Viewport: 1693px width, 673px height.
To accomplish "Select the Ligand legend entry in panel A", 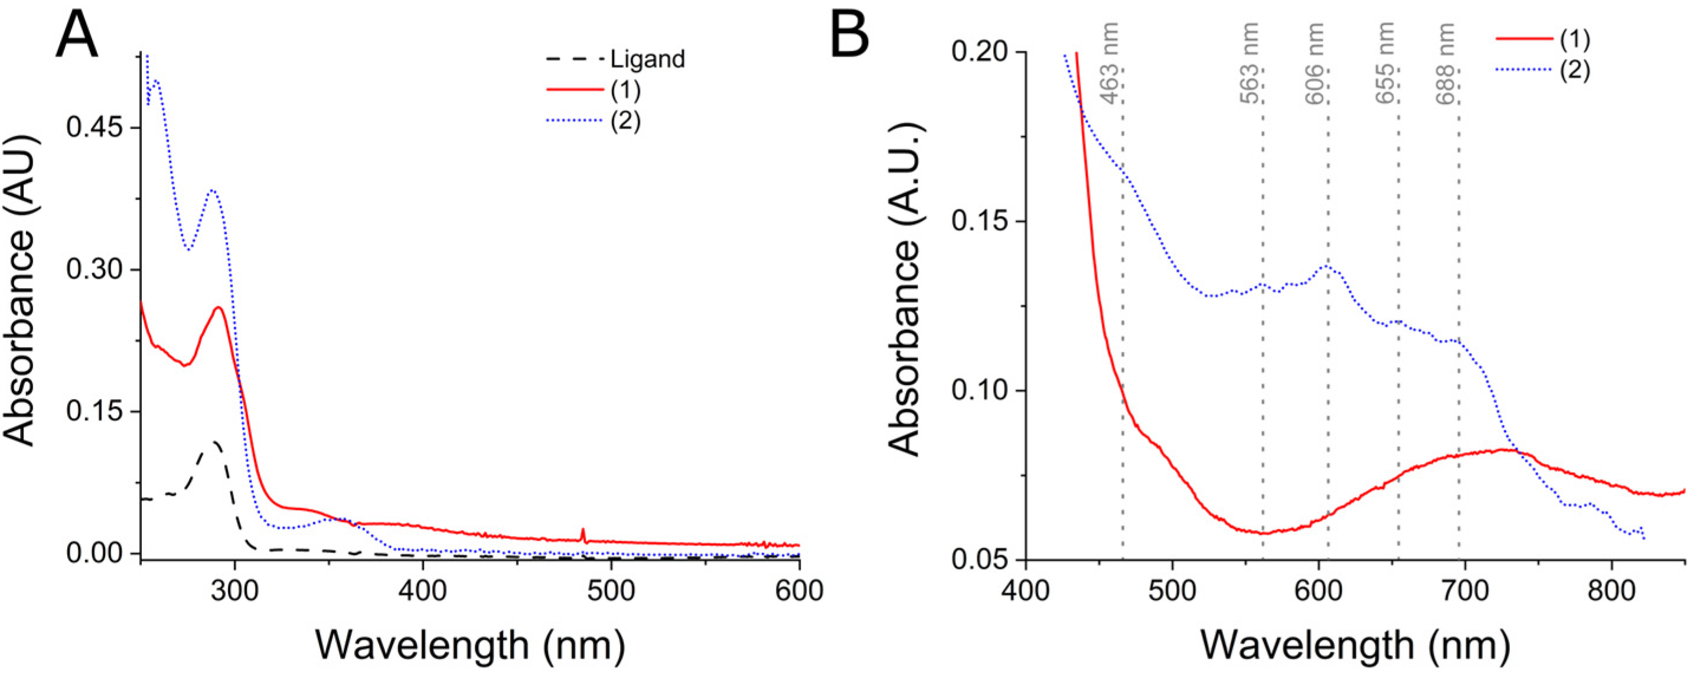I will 647,59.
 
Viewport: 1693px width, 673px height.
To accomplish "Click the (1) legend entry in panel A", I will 625,91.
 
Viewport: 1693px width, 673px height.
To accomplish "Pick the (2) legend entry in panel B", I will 1575,70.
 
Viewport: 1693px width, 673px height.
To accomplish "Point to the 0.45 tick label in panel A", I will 94,128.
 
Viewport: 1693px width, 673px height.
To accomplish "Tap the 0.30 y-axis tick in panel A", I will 94,270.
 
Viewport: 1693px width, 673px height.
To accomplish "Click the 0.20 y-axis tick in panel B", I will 980,52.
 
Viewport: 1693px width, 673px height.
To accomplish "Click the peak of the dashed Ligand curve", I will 215,442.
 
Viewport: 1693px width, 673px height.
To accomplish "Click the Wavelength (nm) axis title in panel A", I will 470,644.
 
